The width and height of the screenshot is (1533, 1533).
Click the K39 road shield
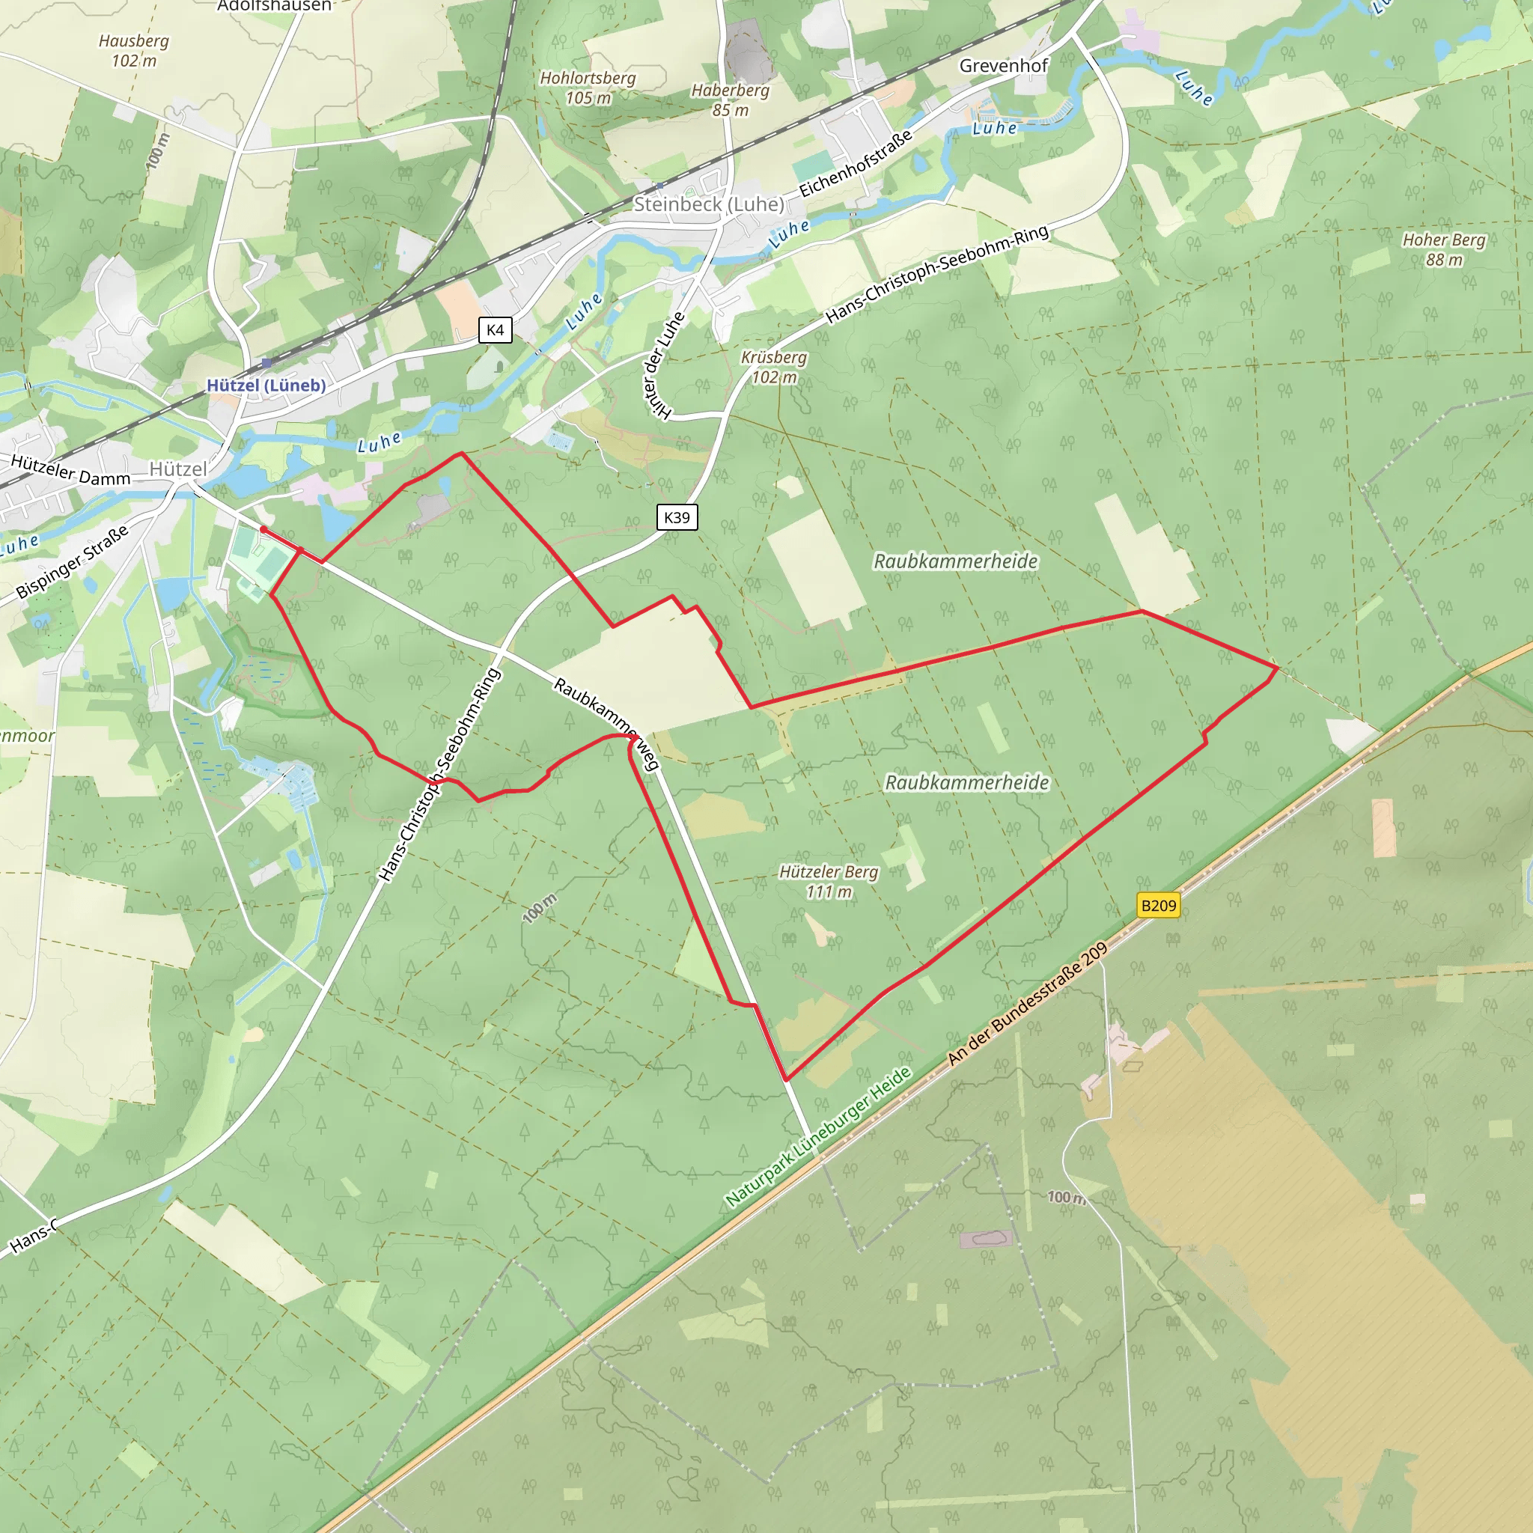(677, 517)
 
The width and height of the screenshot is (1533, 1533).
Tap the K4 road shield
(495, 330)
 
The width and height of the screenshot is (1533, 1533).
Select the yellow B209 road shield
(1158, 906)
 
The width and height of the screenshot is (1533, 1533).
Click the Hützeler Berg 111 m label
(829, 882)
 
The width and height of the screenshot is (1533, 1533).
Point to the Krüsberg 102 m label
(774, 368)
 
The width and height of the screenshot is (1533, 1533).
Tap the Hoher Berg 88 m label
(1443, 249)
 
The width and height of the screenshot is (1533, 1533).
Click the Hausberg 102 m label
(134, 51)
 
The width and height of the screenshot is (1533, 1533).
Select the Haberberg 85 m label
(730, 100)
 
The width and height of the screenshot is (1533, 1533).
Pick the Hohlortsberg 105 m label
(588, 88)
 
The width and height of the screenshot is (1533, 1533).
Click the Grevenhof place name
(1004, 66)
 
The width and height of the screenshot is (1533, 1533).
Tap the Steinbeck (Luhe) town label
(709, 204)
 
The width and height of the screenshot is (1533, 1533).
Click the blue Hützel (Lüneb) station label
(266, 385)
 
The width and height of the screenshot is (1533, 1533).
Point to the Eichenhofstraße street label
(856, 164)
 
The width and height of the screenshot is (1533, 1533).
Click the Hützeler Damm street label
(70, 471)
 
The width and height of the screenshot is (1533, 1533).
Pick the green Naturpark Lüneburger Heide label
(818, 1138)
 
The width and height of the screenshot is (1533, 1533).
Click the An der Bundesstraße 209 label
(1028, 1005)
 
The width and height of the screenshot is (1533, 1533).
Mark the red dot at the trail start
(263, 529)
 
